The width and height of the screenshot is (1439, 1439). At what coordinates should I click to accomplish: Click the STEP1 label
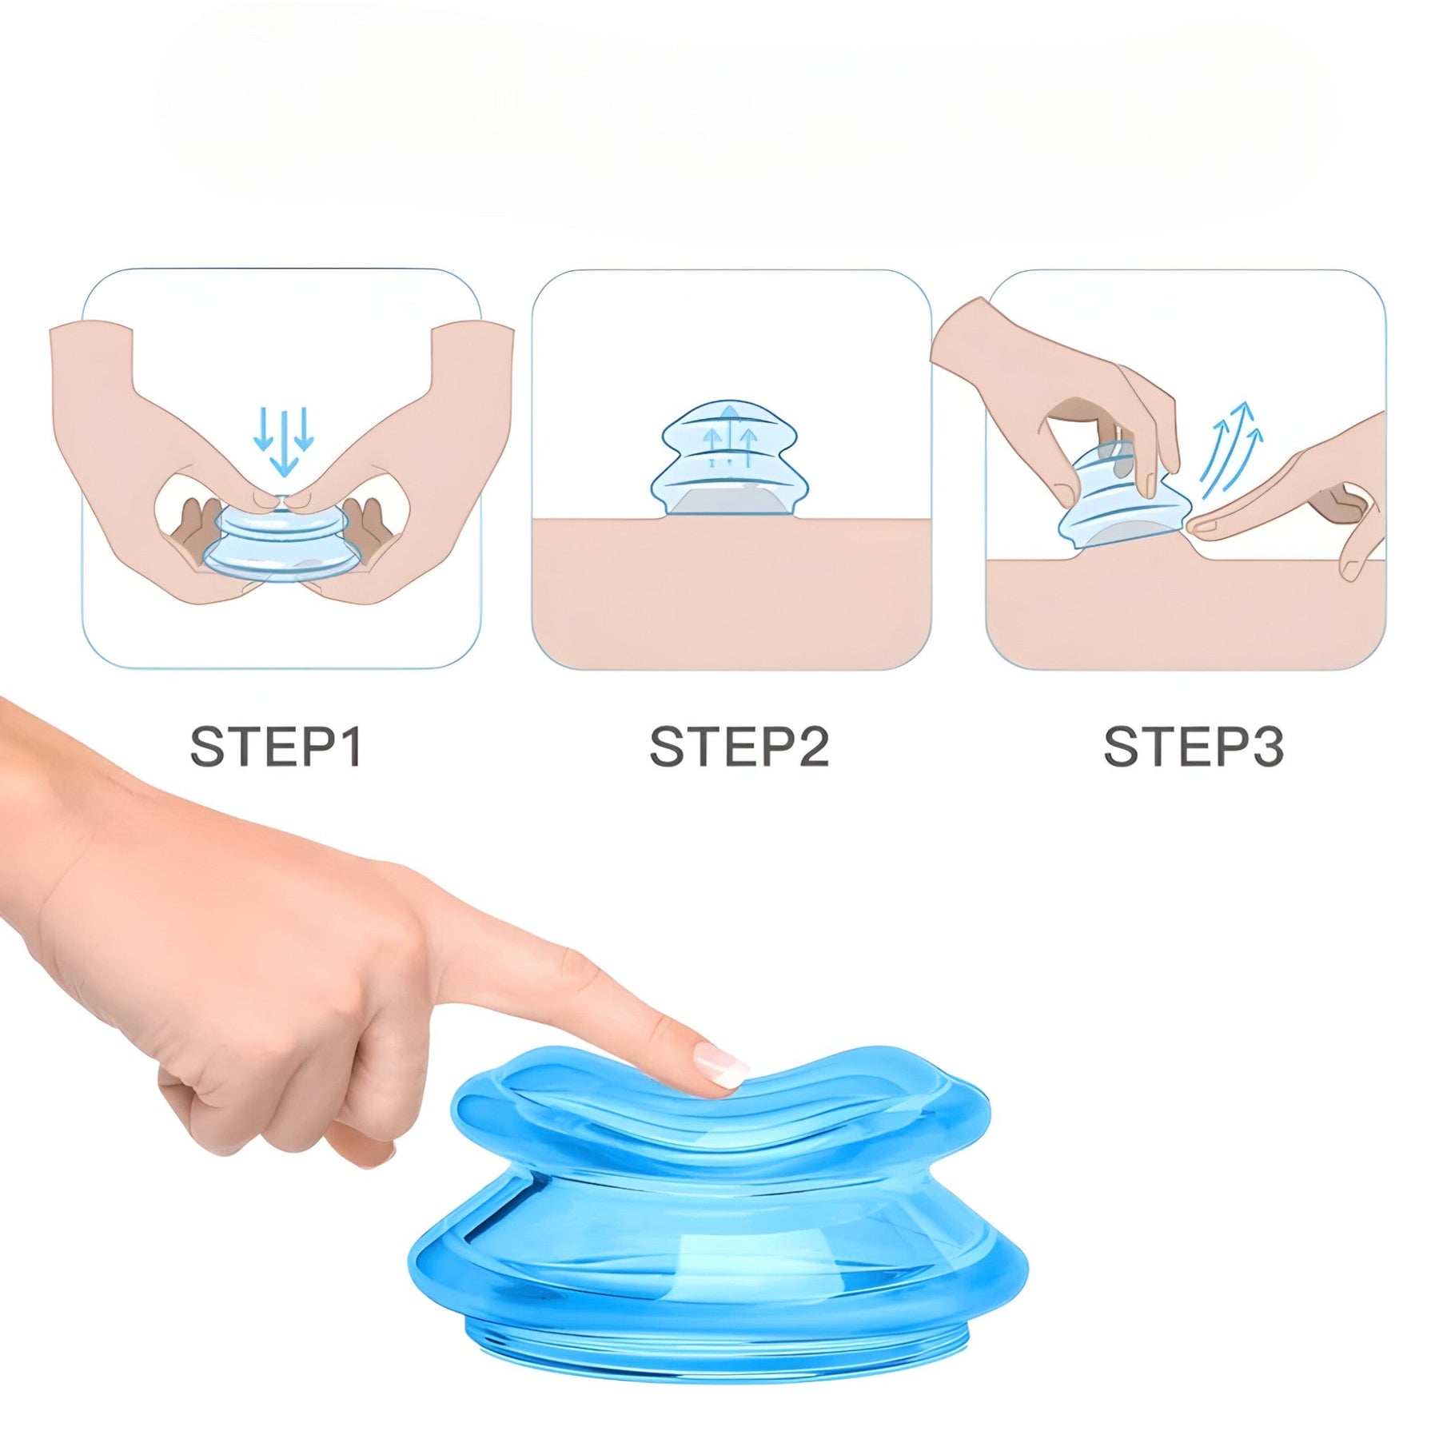tap(276, 747)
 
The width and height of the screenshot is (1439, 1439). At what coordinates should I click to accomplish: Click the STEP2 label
tap(739, 747)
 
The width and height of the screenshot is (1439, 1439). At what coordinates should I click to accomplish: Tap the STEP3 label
tap(1193, 747)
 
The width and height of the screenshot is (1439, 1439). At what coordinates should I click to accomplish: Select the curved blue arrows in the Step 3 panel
tap(1231, 452)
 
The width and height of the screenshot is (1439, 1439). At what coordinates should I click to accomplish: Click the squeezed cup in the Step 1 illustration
tap(280, 544)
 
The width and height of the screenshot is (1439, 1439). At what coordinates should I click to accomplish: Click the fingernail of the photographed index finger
tap(719, 1067)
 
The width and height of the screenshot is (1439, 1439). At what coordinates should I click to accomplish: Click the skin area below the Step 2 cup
tap(731, 592)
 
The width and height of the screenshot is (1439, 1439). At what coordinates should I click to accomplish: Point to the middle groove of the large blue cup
tap(719, 1183)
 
